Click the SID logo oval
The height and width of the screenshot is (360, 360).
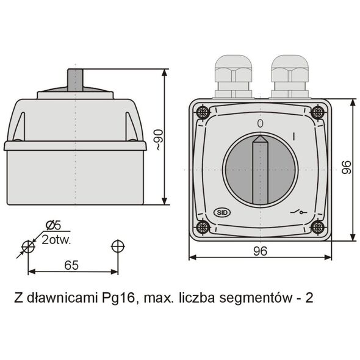point(222,212)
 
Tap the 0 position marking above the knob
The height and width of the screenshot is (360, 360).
point(260,123)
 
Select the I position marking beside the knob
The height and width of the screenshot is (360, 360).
point(294,136)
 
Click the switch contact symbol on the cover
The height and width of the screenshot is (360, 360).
point(298,212)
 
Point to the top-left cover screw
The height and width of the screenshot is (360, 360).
point(203,112)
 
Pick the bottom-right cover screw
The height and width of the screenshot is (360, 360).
point(317,228)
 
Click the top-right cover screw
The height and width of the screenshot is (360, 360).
point(317,112)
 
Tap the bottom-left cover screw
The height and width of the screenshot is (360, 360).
point(203,228)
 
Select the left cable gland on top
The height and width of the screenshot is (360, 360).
point(233,76)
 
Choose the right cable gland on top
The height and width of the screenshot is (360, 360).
point(290,76)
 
